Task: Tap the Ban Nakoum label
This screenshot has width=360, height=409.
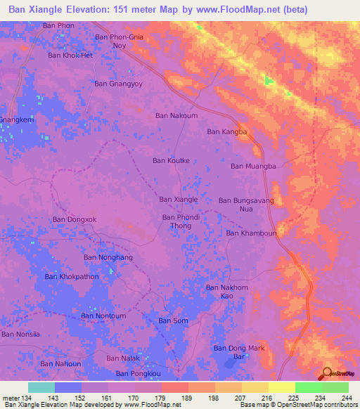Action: (176, 115)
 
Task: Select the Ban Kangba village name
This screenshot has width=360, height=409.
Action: (227, 131)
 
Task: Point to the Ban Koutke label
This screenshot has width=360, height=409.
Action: (171, 160)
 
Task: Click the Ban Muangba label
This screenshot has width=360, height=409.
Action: (252, 166)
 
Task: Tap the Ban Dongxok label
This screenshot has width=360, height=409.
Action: (74, 219)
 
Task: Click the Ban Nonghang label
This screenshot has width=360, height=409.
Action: (108, 257)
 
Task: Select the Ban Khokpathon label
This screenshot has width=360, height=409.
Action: (72, 276)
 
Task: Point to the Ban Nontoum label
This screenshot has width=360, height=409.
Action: (103, 316)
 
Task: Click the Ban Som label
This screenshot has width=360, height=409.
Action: (173, 320)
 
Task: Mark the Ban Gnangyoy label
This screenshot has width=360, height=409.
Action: (118, 83)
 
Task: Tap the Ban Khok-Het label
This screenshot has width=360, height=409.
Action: (70, 54)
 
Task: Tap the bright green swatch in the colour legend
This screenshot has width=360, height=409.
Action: (308, 387)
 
